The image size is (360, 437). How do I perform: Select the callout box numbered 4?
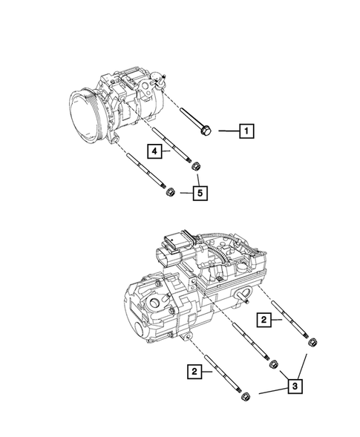coord(155,151)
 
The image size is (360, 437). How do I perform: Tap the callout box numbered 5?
coord(199,194)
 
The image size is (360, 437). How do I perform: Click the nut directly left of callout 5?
coord(168,193)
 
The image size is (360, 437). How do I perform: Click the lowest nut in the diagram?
coord(244,399)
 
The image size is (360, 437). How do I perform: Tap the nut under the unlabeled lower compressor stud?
coord(273,363)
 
